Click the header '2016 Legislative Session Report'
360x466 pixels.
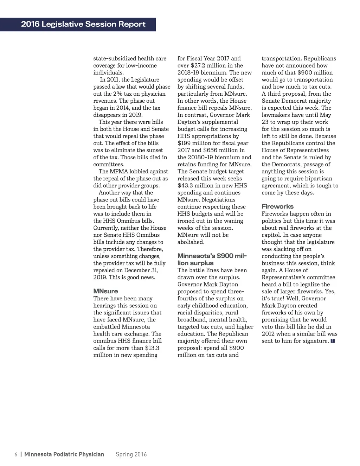(x=83, y=24)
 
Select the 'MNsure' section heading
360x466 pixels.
(x=105, y=291)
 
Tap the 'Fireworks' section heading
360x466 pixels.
(x=277, y=206)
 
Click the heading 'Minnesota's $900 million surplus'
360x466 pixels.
(x=212, y=260)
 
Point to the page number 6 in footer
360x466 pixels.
(x=16, y=454)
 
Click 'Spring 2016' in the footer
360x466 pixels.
(x=131, y=454)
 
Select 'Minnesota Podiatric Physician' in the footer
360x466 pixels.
(x=64, y=454)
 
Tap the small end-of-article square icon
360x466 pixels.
(x=333, y=341)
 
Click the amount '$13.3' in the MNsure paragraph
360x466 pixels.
(x=152, y=348)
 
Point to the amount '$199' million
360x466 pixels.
(x=184, y=143)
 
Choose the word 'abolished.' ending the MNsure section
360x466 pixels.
(x=191, y=242)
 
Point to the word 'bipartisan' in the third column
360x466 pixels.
(x=318, y=178)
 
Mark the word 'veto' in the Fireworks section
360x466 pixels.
(x=268, y=327)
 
